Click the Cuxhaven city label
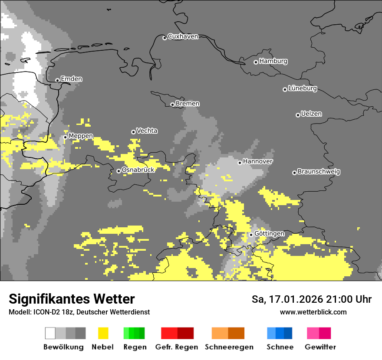click(x=183, y=36)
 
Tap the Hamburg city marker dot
click(x=256, y=62)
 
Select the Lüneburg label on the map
click(x=303, y=88)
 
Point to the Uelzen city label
click(x=311, y=114)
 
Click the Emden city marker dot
click(x=57, y=80)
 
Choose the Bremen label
click(x=188, y=104)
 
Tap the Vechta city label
click(x=147, y=131)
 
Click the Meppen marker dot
click(x=65, y=137)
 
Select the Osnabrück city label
click(x=138, y=170)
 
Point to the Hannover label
click(x=257, y=161)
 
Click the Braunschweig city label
click(x=319, y=172)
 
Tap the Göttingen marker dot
click(x=251, y=235)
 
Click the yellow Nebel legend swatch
click(x=103, y=333)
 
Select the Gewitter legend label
click(x=320, y=347)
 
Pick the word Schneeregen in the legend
click(x=229, y=347)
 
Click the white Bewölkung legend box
click(x=50, y=333)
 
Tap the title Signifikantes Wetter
click(x=72, y=299)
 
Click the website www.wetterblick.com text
click(x=313, y=312)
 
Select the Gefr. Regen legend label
click(x=177, y=347)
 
